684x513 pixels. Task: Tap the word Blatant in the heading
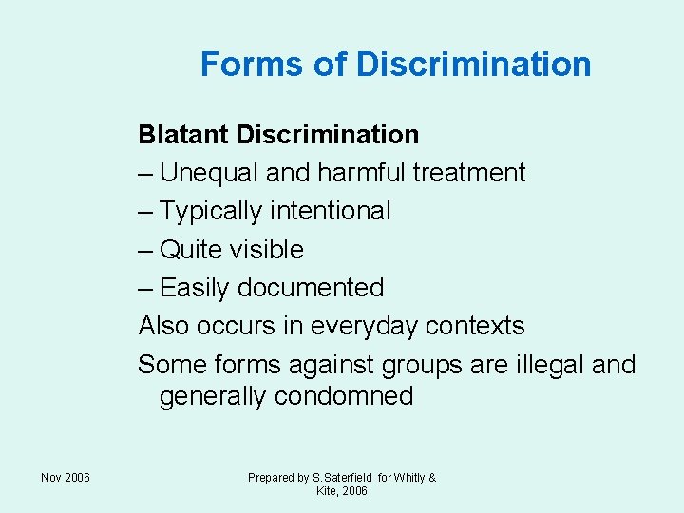click(x=183, y=135)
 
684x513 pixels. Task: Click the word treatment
click(x=468, y=173)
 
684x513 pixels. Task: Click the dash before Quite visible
click(x=146, y=250)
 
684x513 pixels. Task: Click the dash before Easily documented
click(x=146, y=288)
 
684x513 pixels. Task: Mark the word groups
click(x=418, y=365)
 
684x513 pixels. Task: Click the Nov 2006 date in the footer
click(x=66, y=477)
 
